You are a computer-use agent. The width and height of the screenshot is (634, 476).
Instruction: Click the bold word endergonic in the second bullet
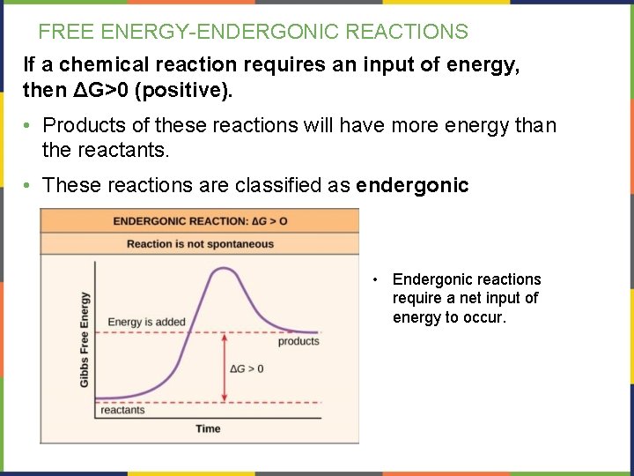click(x=413, y=185)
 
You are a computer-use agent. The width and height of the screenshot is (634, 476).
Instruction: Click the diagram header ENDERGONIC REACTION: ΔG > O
click(x=200, y=220)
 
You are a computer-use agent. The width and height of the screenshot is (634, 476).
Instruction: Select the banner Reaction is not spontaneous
click(x=200, y=244)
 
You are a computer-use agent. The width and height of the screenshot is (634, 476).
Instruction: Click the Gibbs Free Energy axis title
click(x=85, y=338)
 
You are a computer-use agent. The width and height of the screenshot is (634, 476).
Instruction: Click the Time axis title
click(x=208, y=428)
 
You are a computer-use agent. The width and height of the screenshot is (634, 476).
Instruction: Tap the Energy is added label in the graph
click(x=146, y=322)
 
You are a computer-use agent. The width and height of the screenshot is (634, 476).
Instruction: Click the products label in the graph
click(x=299, y=341)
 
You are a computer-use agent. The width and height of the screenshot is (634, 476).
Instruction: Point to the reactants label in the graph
click(x=122, y=410)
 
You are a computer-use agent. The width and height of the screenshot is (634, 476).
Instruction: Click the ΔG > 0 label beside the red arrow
click(x=247, y=368)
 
